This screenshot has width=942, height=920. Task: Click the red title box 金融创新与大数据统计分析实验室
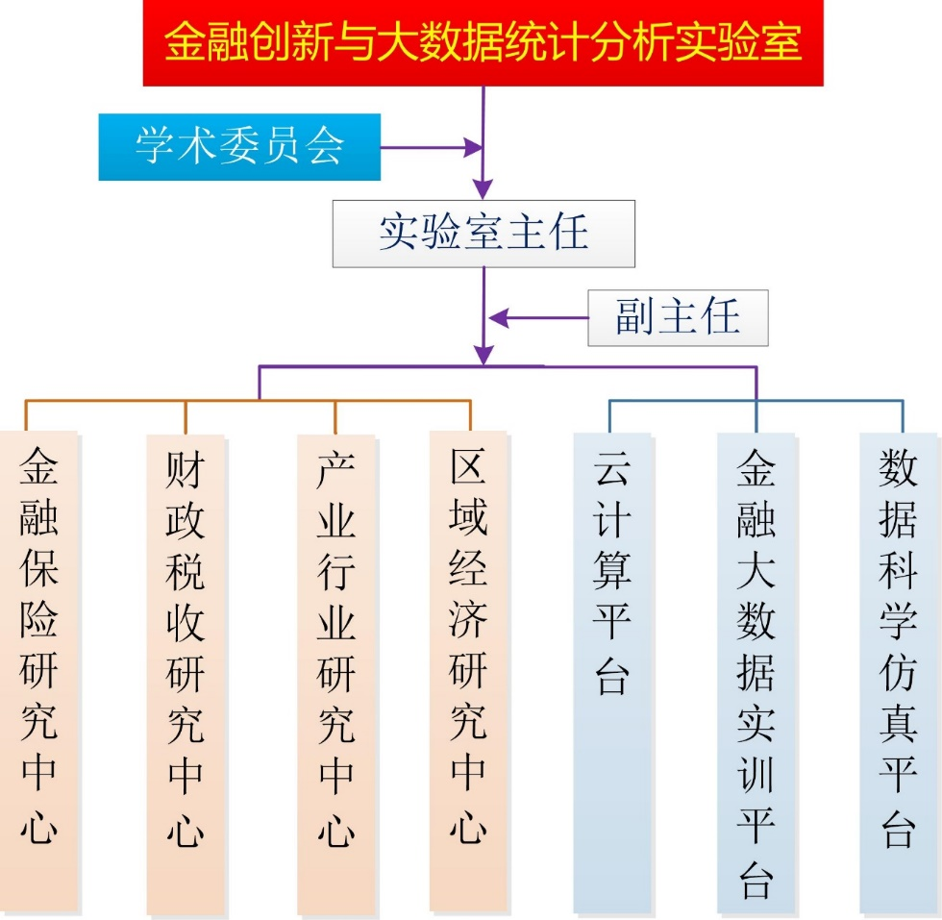click(483, 42)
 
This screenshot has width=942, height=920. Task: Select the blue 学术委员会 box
click(239, 147)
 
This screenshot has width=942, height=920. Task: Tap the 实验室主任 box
click(483, 234)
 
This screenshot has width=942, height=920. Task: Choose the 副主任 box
click(678, 318)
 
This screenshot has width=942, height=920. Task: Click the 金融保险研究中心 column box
click(39, 671)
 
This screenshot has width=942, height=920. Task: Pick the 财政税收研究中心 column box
click(186, 674)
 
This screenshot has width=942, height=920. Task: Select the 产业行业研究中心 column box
click(335, 674)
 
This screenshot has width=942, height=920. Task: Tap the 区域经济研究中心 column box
click(468, 671)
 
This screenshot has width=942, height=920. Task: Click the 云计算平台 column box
click(612, 673)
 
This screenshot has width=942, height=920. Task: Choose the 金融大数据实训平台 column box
click(756, 673)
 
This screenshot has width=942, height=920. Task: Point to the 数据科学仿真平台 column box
click(899, 673)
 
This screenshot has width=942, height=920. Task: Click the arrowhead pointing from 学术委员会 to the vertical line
click(473, 147)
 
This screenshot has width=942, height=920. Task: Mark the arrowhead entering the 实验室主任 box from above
click(483, 189)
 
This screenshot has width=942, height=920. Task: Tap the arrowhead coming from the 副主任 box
click(499, 318)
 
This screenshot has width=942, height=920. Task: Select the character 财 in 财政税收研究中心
click(186, 470)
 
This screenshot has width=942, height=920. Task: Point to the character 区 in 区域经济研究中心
click(468, 465)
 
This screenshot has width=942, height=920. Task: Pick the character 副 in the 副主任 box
click(635, 316)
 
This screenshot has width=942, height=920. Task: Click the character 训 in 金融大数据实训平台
click(756, 775)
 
